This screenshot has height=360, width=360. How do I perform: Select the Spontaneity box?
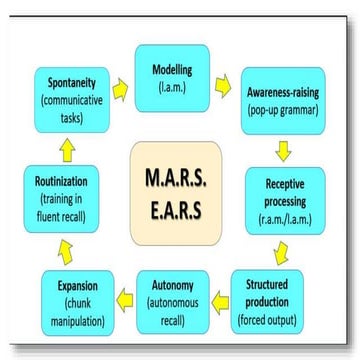(x=64, y=93)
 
